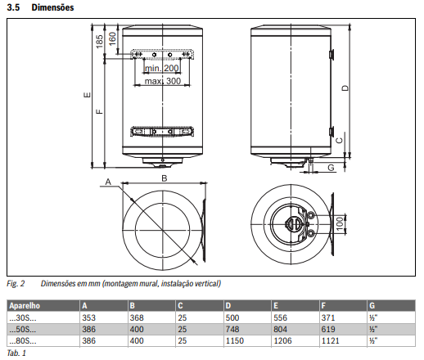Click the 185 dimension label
pos(100,41)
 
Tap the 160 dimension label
pos(112,38)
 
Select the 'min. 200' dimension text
pos(162,68)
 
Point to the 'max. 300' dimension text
pos(163,81)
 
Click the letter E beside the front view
pos(87,95)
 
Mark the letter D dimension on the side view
pos(345,88)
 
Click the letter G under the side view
pos(331,167)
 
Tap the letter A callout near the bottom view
pos(108,182)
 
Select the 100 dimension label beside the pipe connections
pos(340,223)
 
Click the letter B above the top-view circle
pos(165,178)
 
